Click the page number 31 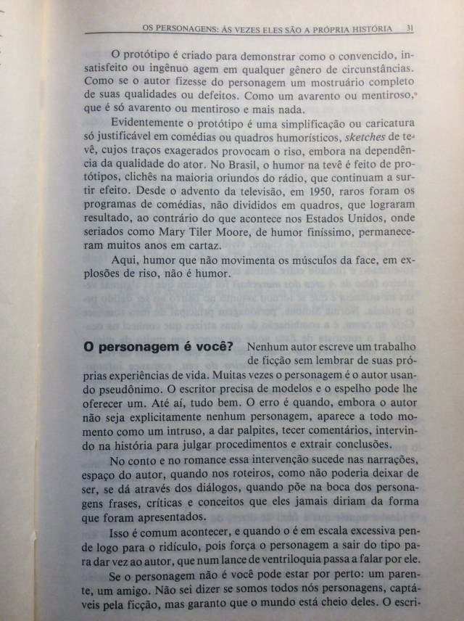coord(410,28)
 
